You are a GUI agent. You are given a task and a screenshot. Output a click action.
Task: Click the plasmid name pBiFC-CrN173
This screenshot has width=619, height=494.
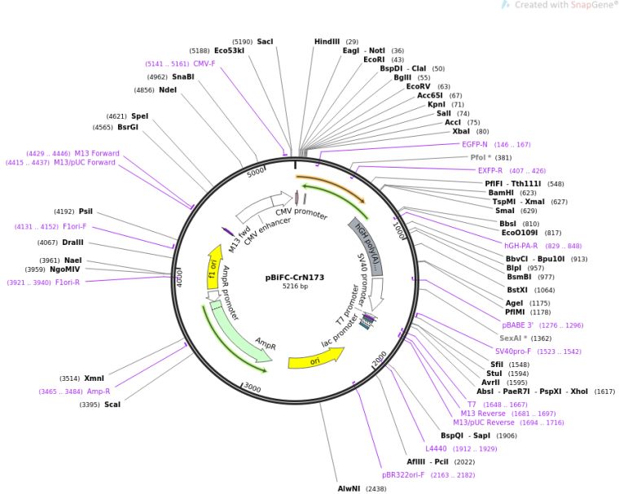tap(295, 278)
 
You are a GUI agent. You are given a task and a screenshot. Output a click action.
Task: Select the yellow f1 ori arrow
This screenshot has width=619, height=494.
tap(214, 267)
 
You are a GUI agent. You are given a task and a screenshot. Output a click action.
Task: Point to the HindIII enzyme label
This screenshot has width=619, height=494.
tap(327, 42)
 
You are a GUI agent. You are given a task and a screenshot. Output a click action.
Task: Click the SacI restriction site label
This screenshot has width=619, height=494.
tap(265, 42)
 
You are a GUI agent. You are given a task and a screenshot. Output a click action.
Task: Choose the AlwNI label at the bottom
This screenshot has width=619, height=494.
tap(349, 488)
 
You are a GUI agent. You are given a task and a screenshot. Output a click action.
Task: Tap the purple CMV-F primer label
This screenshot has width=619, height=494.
tap(204, 63)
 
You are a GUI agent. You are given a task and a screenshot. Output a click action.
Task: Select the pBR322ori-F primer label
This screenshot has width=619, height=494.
tap(403, 475)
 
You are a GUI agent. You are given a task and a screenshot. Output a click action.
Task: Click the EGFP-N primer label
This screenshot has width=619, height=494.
tap(475, 144)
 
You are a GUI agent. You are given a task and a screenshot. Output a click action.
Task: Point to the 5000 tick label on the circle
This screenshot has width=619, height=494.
tap(256, 172)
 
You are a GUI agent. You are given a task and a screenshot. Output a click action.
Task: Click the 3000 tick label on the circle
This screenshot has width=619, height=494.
tap(252, 387)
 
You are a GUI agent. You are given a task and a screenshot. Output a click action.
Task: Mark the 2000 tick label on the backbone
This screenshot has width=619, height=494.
tap(380, 358)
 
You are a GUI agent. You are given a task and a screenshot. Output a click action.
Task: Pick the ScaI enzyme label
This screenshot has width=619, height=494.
tap(112, 404)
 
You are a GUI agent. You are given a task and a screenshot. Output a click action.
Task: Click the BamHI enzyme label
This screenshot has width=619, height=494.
tap(501, 193)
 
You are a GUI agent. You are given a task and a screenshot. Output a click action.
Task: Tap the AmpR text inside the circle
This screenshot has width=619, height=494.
tap(266, 343)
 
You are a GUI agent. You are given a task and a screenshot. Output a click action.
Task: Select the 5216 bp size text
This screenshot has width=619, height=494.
tap(295, 286)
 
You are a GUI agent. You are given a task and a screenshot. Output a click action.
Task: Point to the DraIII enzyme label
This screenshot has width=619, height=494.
tap(72, 243)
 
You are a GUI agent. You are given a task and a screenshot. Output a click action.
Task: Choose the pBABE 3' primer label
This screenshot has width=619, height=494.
tap(517, 326)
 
